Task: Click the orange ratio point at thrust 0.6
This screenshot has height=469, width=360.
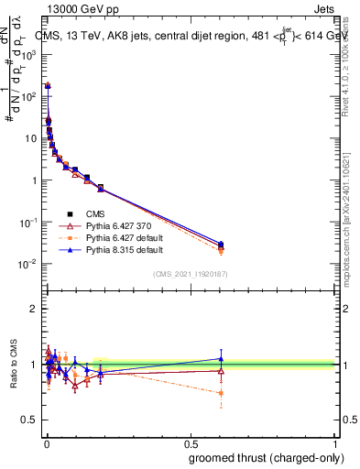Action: pyautogui.click(x=221, y=393)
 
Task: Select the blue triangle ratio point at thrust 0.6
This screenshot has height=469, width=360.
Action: pyautogui.click(x=221, y=359)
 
